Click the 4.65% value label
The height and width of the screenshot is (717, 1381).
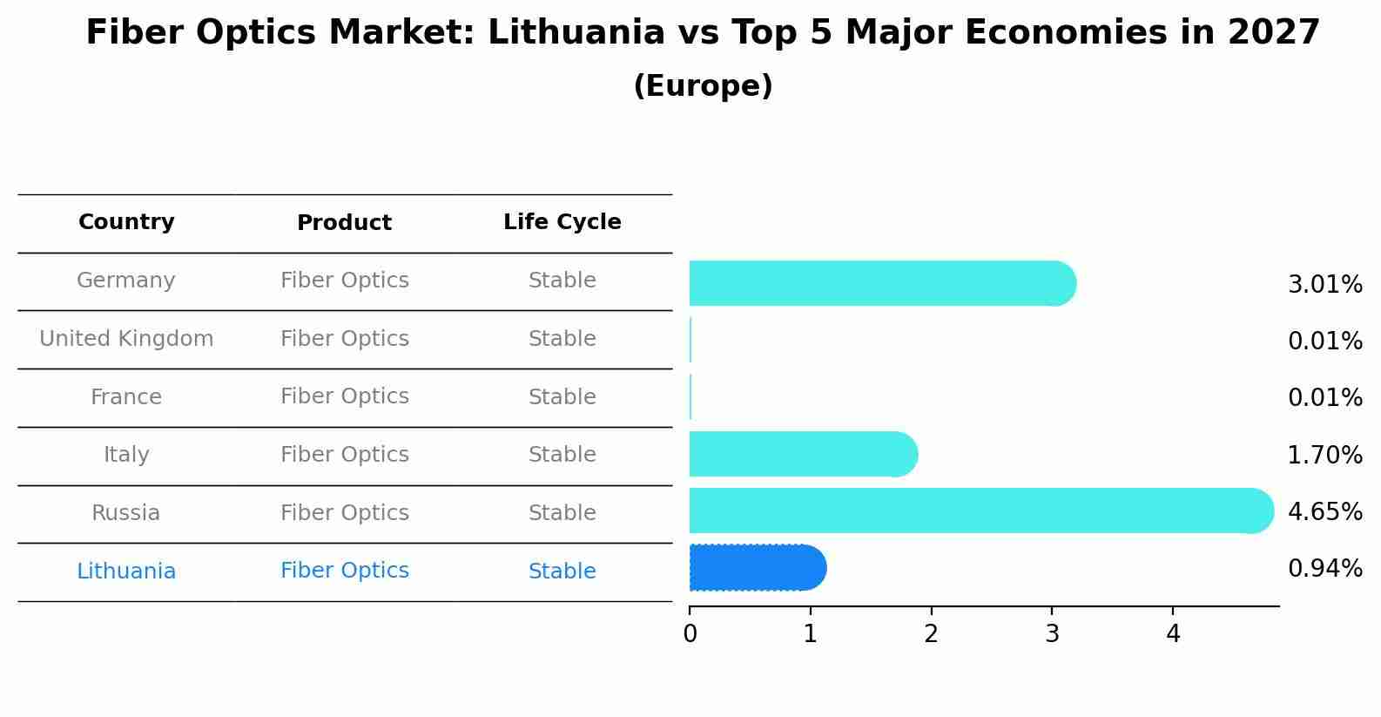coord(1324,511)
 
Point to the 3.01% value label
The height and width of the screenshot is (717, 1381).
coord(1324,285)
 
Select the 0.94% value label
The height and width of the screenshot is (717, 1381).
coord(1324,569)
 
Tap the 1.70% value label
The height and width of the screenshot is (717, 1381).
coord(1324,455)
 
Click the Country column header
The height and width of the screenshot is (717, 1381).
coord(126,222)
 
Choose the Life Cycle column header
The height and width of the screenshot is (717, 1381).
coord(562,222)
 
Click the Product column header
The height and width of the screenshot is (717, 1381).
coord(344,223)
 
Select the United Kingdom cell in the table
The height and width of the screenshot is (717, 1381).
coord(126,339)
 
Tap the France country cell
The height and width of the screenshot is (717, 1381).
coord(126,397)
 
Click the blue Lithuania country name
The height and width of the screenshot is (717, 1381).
coord(126,572)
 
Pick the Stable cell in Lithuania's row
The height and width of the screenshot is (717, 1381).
coord(562,572)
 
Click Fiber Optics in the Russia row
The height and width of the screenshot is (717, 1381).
coord(344,513)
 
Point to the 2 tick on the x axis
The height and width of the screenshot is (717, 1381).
coord(931,634)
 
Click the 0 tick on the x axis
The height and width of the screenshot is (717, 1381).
coord(690,634)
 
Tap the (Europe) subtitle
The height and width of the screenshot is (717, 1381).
coord(703,86)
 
